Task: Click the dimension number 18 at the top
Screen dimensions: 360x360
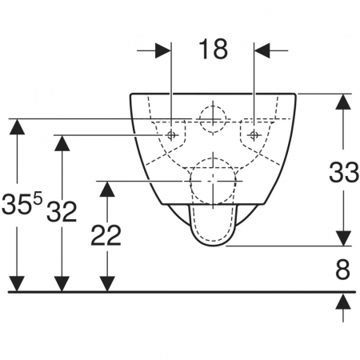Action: point(213,49)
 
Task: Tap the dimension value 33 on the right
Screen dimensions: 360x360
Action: point(344,172)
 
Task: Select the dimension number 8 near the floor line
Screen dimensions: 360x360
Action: point(342,270)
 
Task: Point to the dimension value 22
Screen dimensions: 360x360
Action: point(106,235)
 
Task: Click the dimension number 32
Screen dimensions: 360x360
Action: point(62,212)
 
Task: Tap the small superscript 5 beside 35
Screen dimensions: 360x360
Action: point(38,199)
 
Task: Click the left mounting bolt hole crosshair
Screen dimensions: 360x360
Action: point(171,135)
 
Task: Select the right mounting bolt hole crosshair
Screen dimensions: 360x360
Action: point(254,135)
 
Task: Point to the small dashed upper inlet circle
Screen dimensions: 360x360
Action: point(213,106)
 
